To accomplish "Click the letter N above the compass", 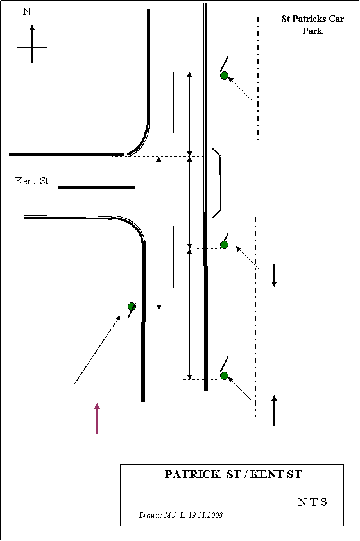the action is coord(26,12).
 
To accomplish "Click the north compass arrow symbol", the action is coord(32,44).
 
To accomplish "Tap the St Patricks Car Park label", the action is coord(313,24).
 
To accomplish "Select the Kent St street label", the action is coord(31,181).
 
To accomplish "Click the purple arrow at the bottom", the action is coord(98,418).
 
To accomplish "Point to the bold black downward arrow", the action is coord(274,275).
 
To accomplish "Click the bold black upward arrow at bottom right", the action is coord(274,411).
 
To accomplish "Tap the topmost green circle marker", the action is coord(225,75).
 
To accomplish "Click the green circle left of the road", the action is coord(132,306).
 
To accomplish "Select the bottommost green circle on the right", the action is coord(225,375).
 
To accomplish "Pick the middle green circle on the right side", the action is coord(225,245).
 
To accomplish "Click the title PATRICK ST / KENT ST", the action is coord(233,474).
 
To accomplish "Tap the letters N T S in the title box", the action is coord(313,502).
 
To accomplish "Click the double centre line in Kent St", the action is coord(96,187).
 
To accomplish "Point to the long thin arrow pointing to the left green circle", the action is coord(97,350).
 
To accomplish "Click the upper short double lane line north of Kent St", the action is coord(174,103).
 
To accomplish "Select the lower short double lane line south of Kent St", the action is coord(174,257).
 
